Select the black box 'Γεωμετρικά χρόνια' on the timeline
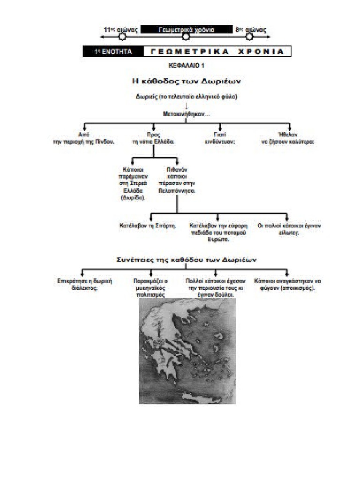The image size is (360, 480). click(x=186, y=30)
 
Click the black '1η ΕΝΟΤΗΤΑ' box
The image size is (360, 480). click(x=113, y=52)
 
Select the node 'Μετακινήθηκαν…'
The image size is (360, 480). click(x=186, y=114)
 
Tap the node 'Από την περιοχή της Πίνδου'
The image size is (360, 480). click(x=83, y=137)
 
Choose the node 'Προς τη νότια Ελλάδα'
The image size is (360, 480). click(x=154, y=137)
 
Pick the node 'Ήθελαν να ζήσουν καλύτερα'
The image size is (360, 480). click(x=288, y=137)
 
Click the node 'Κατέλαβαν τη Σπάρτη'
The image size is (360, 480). click(x=148, y=225)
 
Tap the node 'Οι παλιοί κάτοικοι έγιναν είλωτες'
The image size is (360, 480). click(x=289, y=229)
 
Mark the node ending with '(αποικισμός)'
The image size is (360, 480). click(x=287, y=284)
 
